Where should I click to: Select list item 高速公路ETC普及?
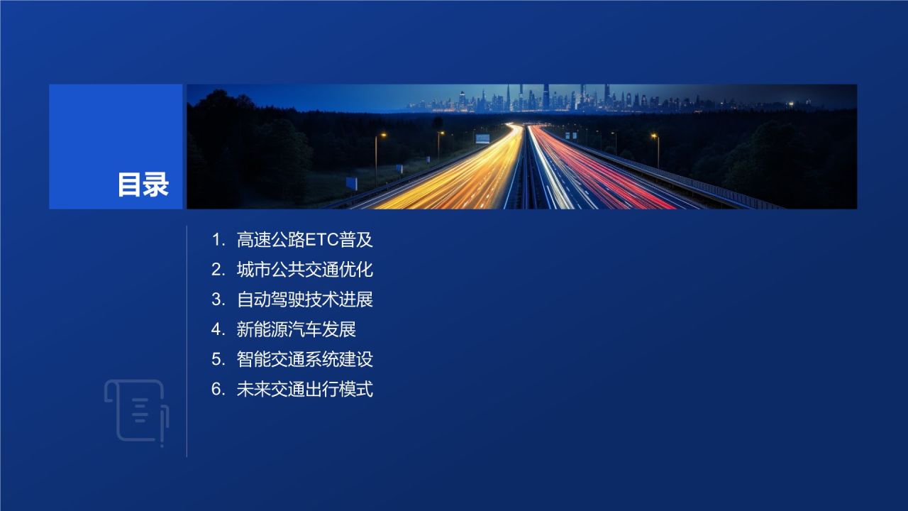[304, 240]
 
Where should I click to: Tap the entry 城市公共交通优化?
[304, 270]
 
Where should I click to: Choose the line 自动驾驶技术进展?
[304, 300]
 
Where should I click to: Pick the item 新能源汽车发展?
[296, 329]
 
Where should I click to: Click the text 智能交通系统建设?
[304, 359]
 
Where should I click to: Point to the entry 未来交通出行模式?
[304, 389]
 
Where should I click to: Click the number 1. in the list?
[218, 240]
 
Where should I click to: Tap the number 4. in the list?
[218, 329]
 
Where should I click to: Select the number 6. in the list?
[218, 389]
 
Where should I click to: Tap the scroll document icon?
[136, 412]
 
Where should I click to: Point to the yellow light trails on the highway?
[461, 177]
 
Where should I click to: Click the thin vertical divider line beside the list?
[187, 341]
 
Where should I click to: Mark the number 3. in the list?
[218, 300]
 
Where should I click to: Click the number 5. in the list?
[218, 359]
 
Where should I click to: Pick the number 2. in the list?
[218, 270]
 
